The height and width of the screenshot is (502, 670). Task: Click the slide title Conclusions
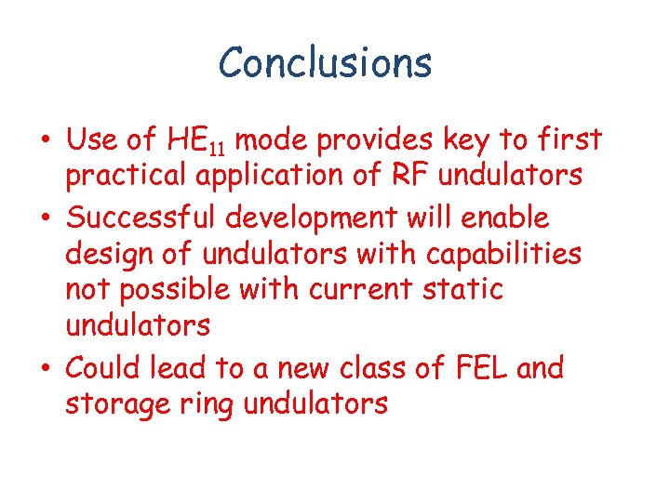click(325, 63)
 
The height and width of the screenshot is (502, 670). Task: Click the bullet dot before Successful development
click(44, 219)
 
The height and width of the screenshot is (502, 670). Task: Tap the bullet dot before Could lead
click(44, 370)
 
